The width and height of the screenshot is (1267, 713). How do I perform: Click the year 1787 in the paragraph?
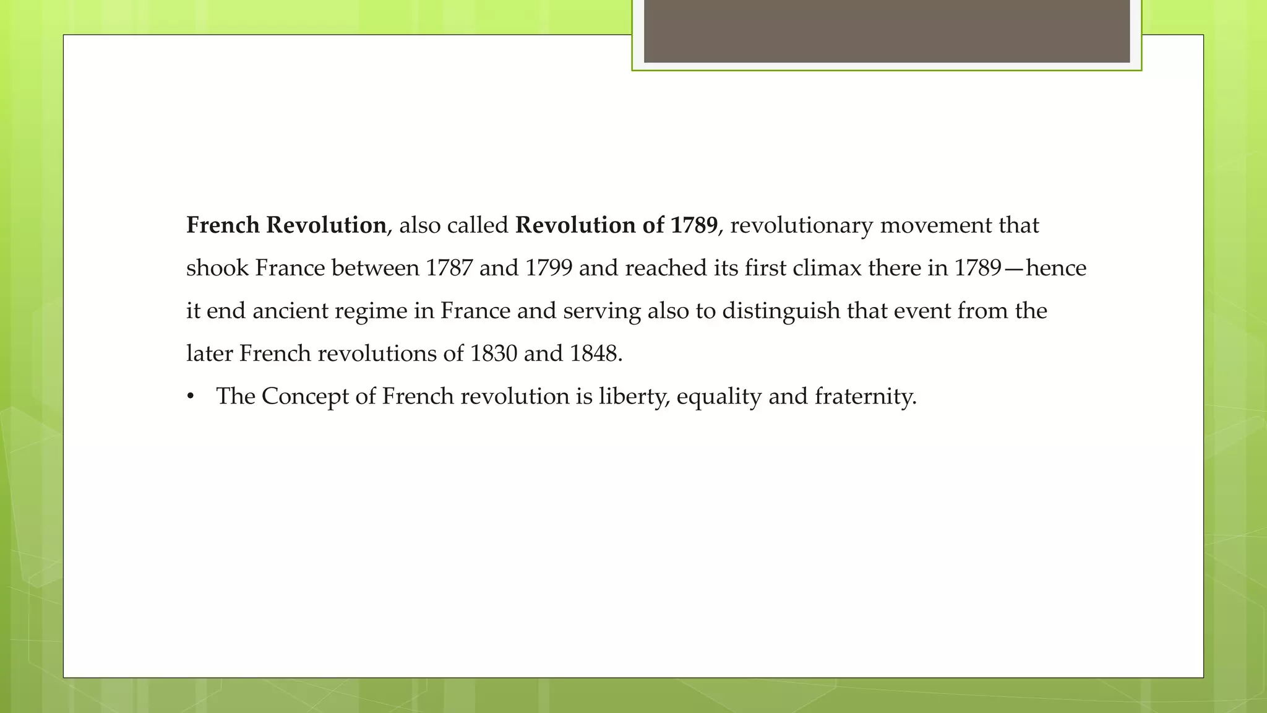point(449,268)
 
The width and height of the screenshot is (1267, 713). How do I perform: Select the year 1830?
point(493,353)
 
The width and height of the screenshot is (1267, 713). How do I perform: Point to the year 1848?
point(593,353)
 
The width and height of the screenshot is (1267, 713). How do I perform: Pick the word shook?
point(217,268)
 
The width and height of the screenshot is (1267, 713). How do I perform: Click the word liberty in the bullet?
point(633,397)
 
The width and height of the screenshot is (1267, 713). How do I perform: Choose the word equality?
point(719,397)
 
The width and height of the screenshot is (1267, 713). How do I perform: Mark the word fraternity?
point(864,397)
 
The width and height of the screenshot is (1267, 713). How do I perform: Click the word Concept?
point(305,397)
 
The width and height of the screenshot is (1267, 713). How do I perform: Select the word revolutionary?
point(801,225)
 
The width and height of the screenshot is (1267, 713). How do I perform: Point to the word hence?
point(1055,268)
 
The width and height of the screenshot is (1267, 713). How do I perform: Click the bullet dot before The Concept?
point(191,397)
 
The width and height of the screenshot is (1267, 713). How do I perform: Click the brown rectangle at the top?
point(887,31)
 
